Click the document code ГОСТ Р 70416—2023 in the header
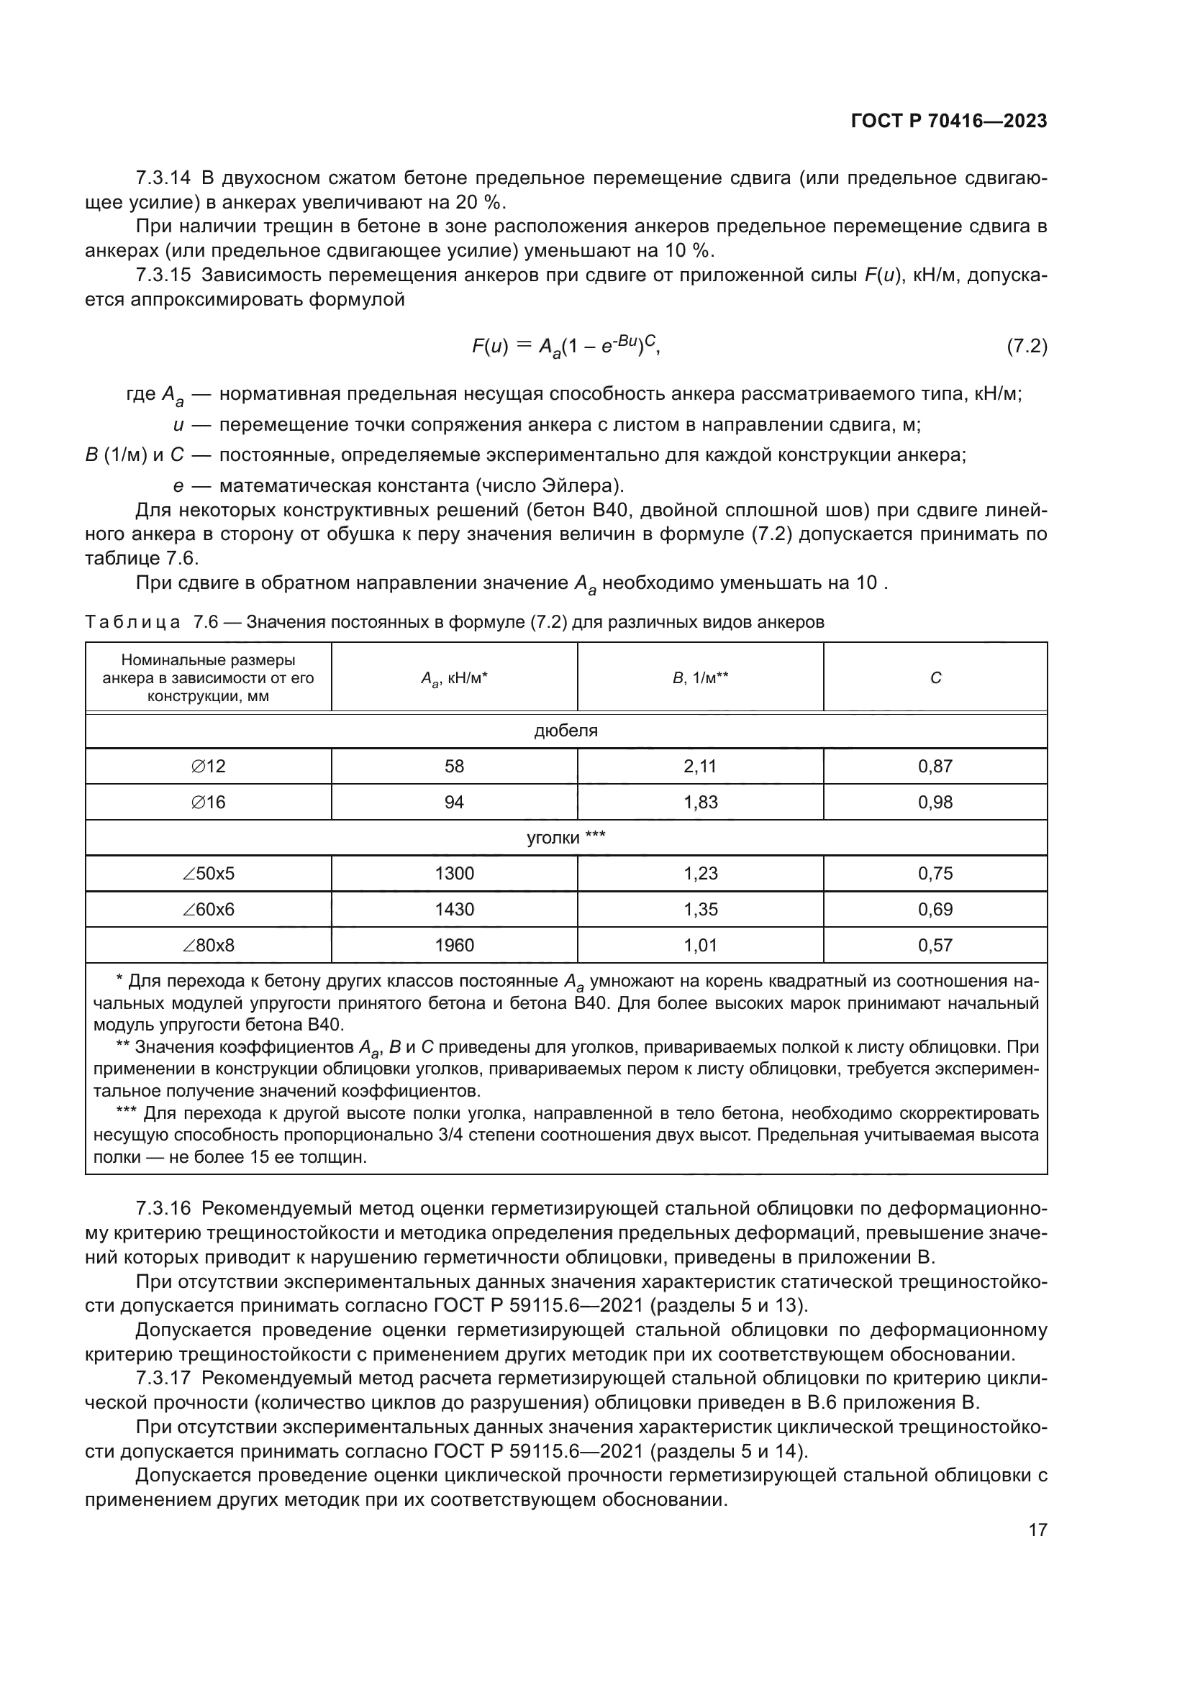click(x=948, y=122)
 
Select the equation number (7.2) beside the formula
click(x=1027, y=346)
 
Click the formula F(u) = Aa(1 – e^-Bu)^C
click(x=566, y=346)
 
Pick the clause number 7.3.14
click(x=163, y=178)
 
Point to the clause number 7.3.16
click(x=163, y=1208)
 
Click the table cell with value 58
click(x=454, y=767)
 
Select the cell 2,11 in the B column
click(x=700, y=767)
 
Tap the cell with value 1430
click(x=454, y=909)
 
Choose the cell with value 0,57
click(x=935, y=945)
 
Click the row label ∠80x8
click(x=208, y=945)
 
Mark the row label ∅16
click(x=208, y=803)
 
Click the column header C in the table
click(x=935, y=677)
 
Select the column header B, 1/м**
click(x=700, y=677)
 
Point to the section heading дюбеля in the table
click(x=566, y=731)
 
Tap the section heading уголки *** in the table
click(x=566, y=837)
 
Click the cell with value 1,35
click(x=700, y=909)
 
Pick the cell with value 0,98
click(x=935, y=803)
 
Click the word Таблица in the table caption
click(x=132, y=623)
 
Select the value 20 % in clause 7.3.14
click(x=480, y=202)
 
